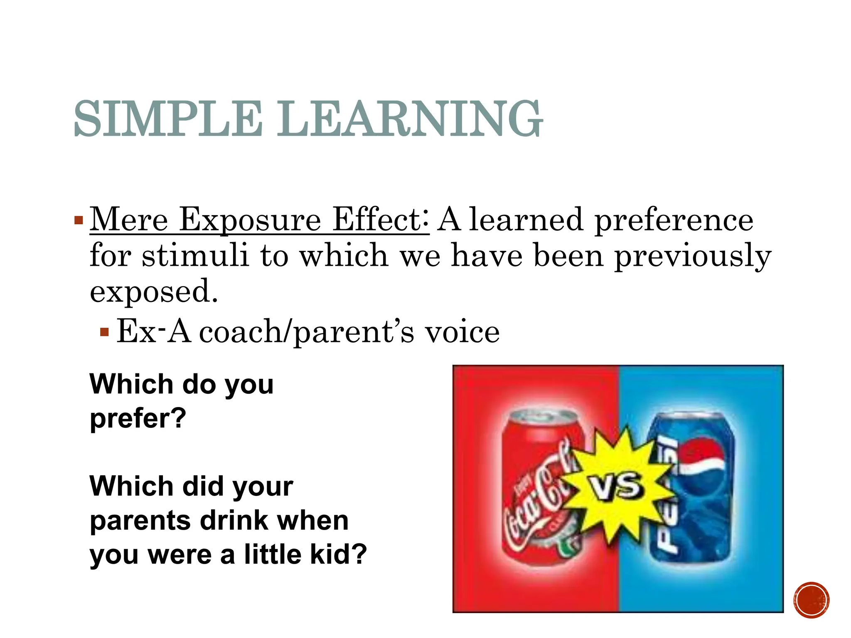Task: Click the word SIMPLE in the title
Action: (x=168, y=119)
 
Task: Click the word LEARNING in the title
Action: (x=409, y=119)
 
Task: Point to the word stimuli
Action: (x=195, y=255)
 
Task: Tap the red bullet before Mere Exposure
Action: (x=79, y=220)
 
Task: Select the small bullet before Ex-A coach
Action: (x=104, y=332)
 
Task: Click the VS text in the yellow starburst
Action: (x=617, y=486)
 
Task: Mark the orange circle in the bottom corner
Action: (x=811, y=600)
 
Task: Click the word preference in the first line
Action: (x=674, y=220)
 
